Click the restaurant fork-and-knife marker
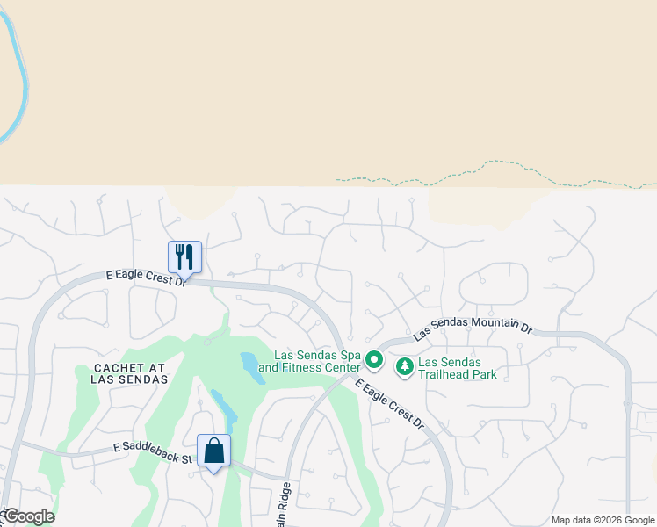coord(184,256)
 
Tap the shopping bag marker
coord(213,451)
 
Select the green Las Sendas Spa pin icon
coord(374,360)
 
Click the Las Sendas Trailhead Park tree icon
coord(405,366)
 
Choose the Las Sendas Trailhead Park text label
coord(458,368)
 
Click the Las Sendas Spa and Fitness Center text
coord(317,361)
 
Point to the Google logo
coord(28,516)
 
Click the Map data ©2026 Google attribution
coord(602,520)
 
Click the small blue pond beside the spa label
coord(252,367)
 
